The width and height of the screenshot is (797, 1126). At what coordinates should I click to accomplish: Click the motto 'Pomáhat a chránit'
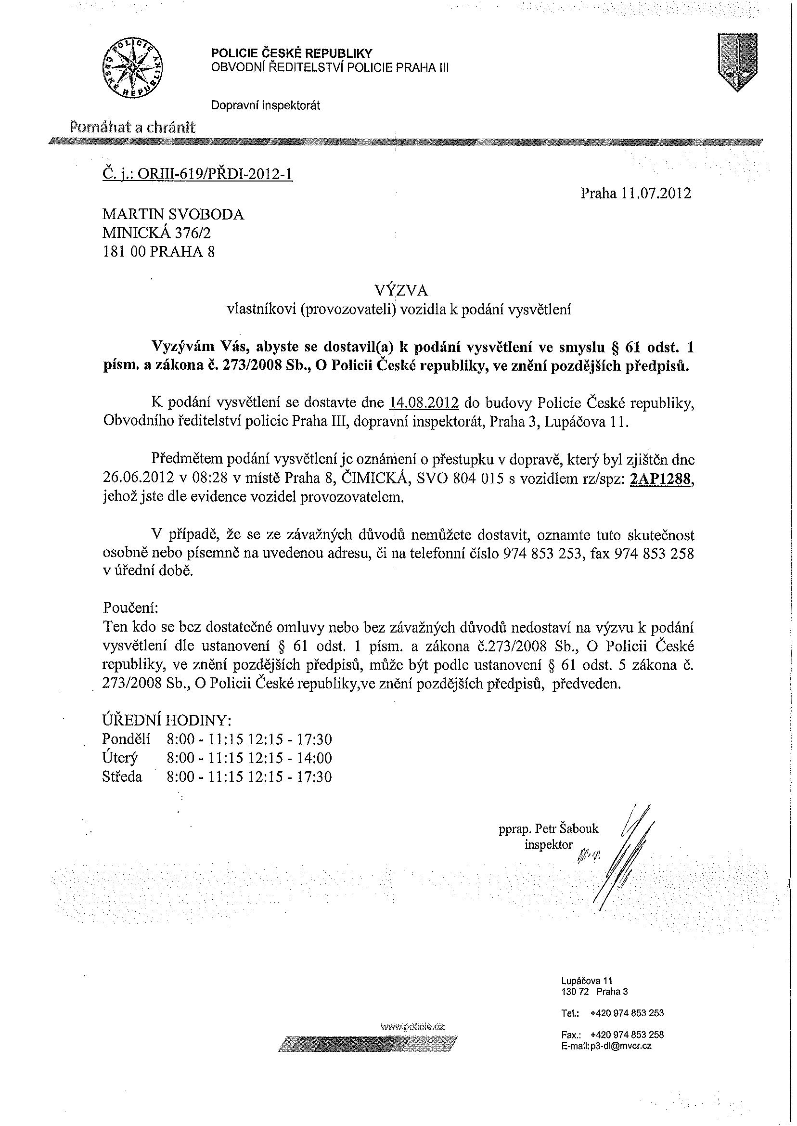132,128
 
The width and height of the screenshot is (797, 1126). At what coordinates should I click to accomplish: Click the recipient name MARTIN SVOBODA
173,214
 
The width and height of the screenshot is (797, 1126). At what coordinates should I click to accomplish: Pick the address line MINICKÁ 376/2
156,233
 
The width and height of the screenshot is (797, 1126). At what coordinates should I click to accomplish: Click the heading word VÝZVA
401,291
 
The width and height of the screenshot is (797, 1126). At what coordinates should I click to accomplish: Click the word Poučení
130,607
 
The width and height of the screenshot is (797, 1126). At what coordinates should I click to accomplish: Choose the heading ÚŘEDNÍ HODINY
166,720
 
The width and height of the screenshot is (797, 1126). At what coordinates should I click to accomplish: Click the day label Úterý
120,758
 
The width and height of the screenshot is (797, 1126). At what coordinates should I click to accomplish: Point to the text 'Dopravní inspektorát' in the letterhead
265,105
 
